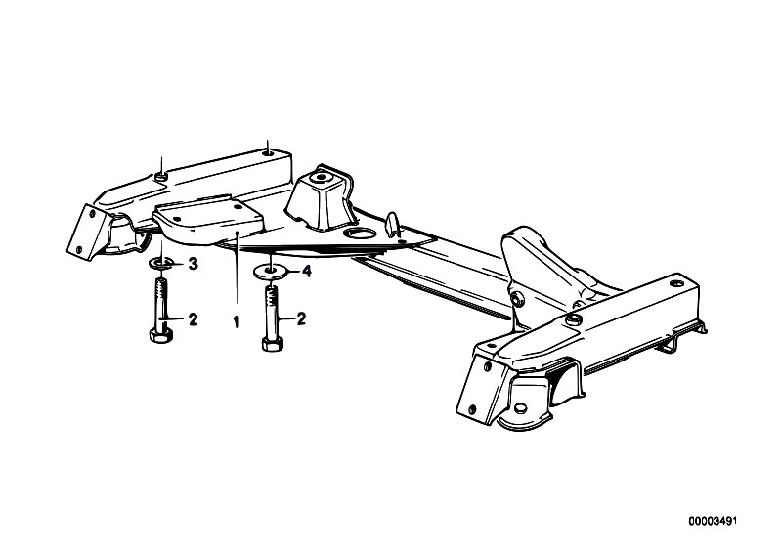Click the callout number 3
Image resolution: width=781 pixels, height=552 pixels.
[x=193, y=264]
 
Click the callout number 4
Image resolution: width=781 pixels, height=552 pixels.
[x=306, y=272]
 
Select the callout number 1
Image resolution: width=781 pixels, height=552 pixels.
[x=236, y=322]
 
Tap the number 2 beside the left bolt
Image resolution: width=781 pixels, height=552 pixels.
[x=193, y=319]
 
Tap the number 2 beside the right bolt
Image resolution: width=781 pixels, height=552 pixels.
[x=301, y=318]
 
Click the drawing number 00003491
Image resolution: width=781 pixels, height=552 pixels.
[x=713, y=522]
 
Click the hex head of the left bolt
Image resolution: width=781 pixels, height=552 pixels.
[x=160, y=335]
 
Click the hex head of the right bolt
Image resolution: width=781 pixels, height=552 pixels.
[x=273, y=344]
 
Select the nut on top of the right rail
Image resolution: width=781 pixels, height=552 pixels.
[x=575, y=319]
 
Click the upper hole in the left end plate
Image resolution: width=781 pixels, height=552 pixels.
[x=92, y=213]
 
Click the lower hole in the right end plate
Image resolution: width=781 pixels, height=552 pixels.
[x=472, y=409]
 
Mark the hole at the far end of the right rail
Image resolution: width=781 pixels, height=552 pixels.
[x=674, y=283]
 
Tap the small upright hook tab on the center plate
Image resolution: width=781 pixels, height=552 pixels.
[x=393, y=223]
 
